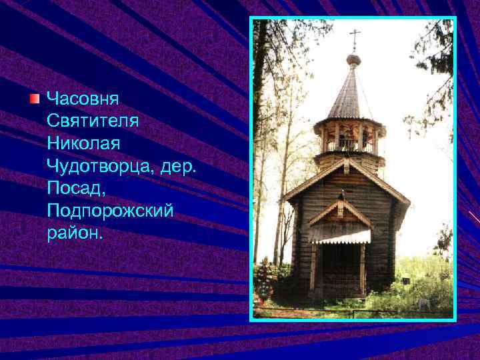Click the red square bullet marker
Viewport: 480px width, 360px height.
[x=35, y=99]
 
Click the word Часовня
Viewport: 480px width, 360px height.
[x=83, y=99]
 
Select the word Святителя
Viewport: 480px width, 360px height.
[x=91, y=121]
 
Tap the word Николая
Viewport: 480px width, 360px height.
[x=82, y=143]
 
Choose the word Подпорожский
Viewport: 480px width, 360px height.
[x=110, y=211]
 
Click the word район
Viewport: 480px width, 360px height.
[x=75, y=233]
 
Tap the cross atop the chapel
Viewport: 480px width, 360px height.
[x=354, y=38]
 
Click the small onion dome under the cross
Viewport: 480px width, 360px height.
[x=354, y=60]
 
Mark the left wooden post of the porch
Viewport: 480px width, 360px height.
[x=314, y=267]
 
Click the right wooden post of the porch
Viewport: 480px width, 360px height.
[x=363, y=267]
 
